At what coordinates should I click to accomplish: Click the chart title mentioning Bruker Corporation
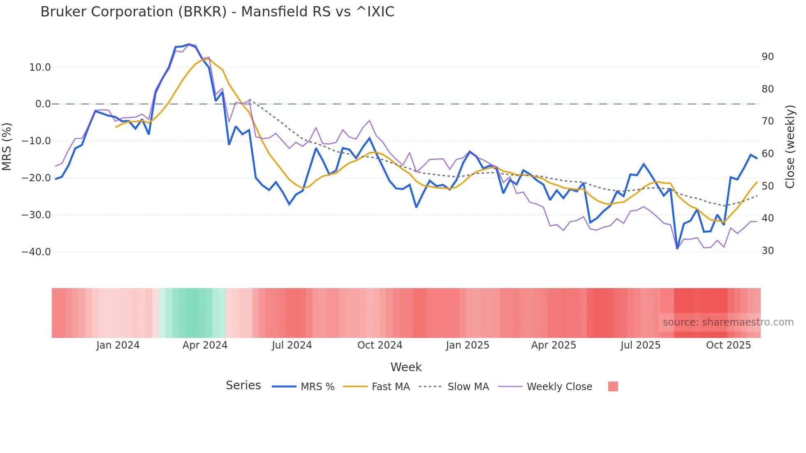click(x=217, y=12)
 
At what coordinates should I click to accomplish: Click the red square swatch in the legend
click(x=613, y=386)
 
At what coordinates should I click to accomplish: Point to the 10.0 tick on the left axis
click(x=40, y=67)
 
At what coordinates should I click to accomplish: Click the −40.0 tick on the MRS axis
click(x=36, y=252)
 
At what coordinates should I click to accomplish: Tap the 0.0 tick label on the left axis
click(x=43, y=104)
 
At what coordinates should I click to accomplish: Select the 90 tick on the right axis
click(x=767, y=57)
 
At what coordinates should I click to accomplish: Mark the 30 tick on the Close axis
click(x=767, y=251)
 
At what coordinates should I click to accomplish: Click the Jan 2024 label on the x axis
click(x=118, y=345)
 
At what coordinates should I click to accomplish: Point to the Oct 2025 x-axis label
click(x=728, y=345)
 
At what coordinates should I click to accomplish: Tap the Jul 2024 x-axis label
click(x=292, y=345)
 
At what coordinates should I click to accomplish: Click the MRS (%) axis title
click(x=7, y=146)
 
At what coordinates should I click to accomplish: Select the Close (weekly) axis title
click(x=790, y=146)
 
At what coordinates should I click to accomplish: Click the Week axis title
click(x=406, y=367)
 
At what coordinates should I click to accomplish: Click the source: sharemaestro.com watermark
click(x=728, y=322)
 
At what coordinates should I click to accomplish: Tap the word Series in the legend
click(x=243, y=386)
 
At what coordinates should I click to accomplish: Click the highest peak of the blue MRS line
click(x=189, y=44)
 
